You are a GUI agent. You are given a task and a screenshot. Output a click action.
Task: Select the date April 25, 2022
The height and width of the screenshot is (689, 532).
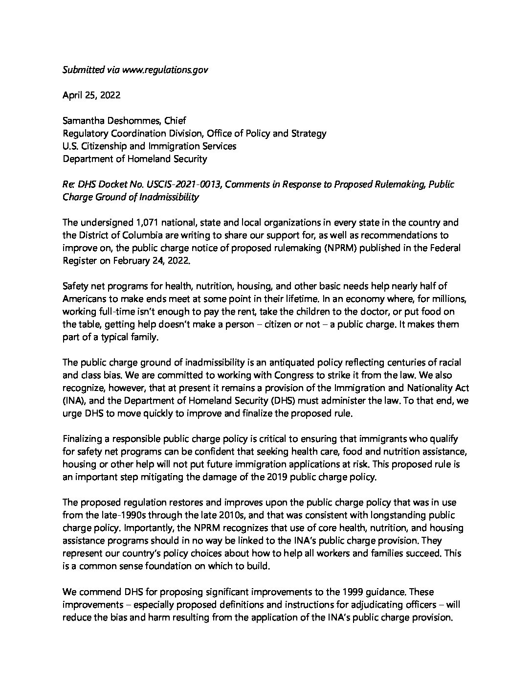pos(91,95)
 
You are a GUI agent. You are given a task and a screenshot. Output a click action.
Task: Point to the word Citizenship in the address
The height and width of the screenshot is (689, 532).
pos(105,146)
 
